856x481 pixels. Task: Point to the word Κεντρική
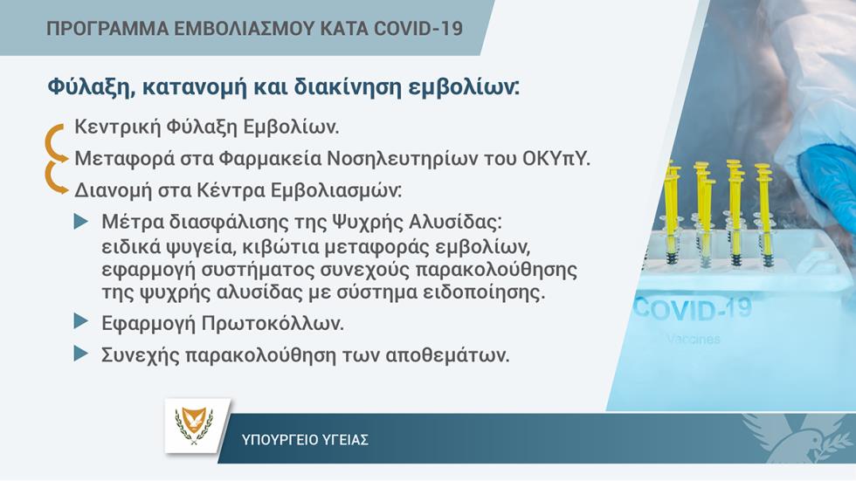tap(117, 127)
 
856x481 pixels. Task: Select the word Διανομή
tap(113, 190)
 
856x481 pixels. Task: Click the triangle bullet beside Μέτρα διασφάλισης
tap(80, 222)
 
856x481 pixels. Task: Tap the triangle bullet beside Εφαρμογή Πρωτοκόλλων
tap(80, 321)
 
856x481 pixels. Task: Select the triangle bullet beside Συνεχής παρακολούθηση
tap(80, 354)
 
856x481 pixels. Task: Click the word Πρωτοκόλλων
tap(273, 323)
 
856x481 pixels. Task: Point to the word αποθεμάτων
tap(447, 355)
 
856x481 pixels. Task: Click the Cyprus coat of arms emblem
tap(194, 426)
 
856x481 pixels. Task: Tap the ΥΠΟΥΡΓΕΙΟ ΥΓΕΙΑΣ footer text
tap(305, 440)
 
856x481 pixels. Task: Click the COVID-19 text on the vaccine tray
tap(693, 309)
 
